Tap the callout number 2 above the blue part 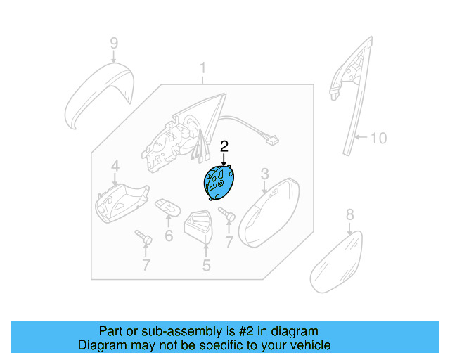(x=224, y=146)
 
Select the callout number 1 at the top (x=203, y=69)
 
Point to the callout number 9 (x=114, y=46)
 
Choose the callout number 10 (x=378, y=138)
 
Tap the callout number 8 (x=349, y=215)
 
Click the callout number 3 (x=265, y=173)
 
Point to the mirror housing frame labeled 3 (x=267, y=211)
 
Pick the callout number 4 (x=115, y=167)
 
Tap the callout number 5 (x=207, y=265)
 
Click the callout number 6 (x=169, y=236)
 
